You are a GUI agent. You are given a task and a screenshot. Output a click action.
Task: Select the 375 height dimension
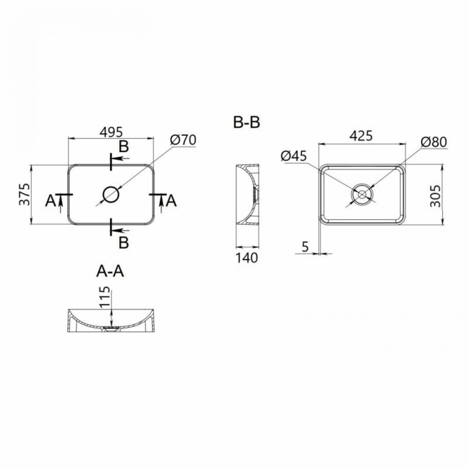click(25, 194)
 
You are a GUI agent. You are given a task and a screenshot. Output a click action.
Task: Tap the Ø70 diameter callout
click(183, 139)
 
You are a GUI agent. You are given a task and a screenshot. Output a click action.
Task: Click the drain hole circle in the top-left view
click(111, 194)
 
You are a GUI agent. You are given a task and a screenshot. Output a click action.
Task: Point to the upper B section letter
click(124, 146)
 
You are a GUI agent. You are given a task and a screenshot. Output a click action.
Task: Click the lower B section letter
click(124, 242)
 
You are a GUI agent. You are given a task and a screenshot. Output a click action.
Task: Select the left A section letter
click(51, 201)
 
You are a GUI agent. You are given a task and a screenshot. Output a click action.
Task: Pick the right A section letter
click(171, 201)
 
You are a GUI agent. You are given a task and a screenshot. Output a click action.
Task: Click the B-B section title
click(247, 123)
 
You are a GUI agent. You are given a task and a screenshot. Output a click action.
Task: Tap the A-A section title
click(110, 271)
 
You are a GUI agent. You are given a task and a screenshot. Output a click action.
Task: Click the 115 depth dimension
click(105, 298)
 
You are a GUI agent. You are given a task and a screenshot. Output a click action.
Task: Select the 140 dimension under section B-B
click(247, 257)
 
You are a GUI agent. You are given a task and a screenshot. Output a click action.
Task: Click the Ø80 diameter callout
click(434, 141)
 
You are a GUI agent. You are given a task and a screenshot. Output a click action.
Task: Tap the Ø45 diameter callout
click(294, 156)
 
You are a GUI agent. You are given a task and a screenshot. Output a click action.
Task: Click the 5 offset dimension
click(305, 247)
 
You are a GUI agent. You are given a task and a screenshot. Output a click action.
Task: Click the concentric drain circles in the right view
click(362, 194)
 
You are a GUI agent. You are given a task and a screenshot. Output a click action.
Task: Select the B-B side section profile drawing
click(247, 194)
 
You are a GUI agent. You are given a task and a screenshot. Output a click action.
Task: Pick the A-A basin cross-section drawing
click(111, 321)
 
